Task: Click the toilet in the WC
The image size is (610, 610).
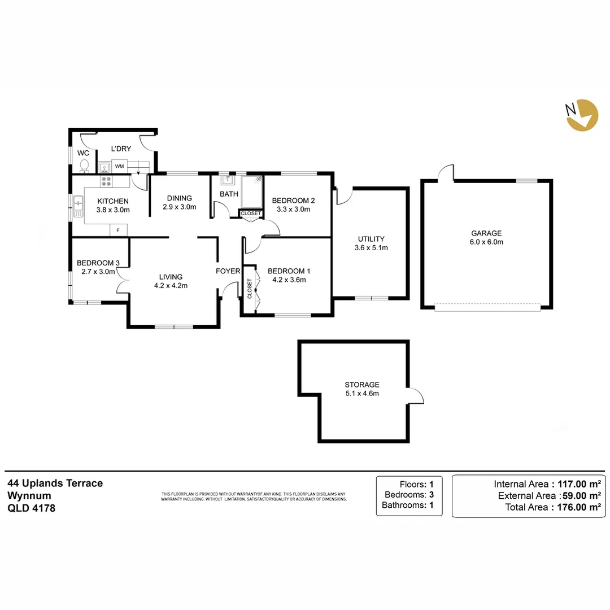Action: coord(84,165)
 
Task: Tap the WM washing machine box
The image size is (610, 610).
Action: coord(119,167)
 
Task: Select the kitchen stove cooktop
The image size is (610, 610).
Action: coord(106,181)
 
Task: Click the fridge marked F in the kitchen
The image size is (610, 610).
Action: coord(118,230)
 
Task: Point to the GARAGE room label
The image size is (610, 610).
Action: coord(486,233)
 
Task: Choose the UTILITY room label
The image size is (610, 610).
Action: coord(371,238)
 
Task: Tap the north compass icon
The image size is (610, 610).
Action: coord(582,115)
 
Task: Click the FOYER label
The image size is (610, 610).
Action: coord(228,271)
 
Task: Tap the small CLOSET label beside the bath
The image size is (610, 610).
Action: coord(251,213)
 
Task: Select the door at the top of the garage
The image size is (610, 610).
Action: coord(447,172)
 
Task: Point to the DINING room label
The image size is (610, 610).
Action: coord(180,198)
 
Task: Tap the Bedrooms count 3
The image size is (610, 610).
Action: coord(431,494)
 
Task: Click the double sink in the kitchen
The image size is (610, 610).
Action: coord(78,206)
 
